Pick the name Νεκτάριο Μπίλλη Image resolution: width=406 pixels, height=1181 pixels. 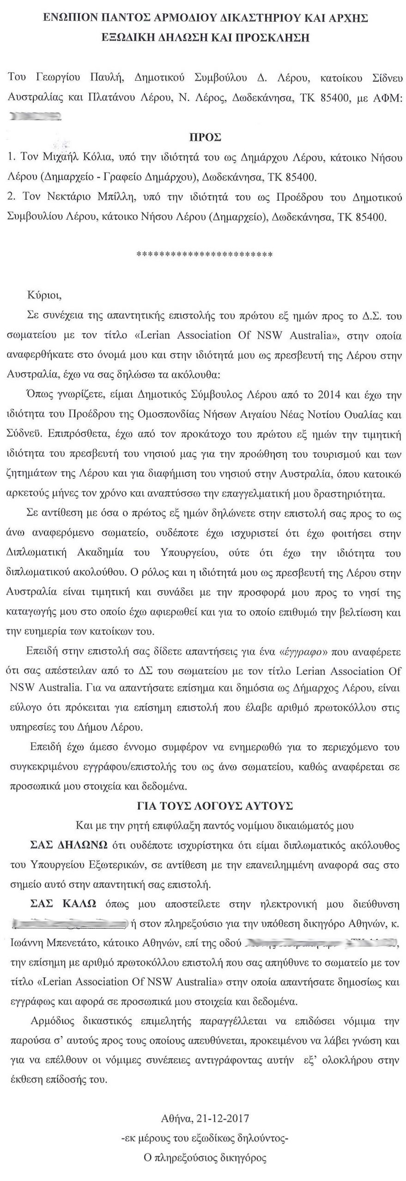click(x=86, y=197)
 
